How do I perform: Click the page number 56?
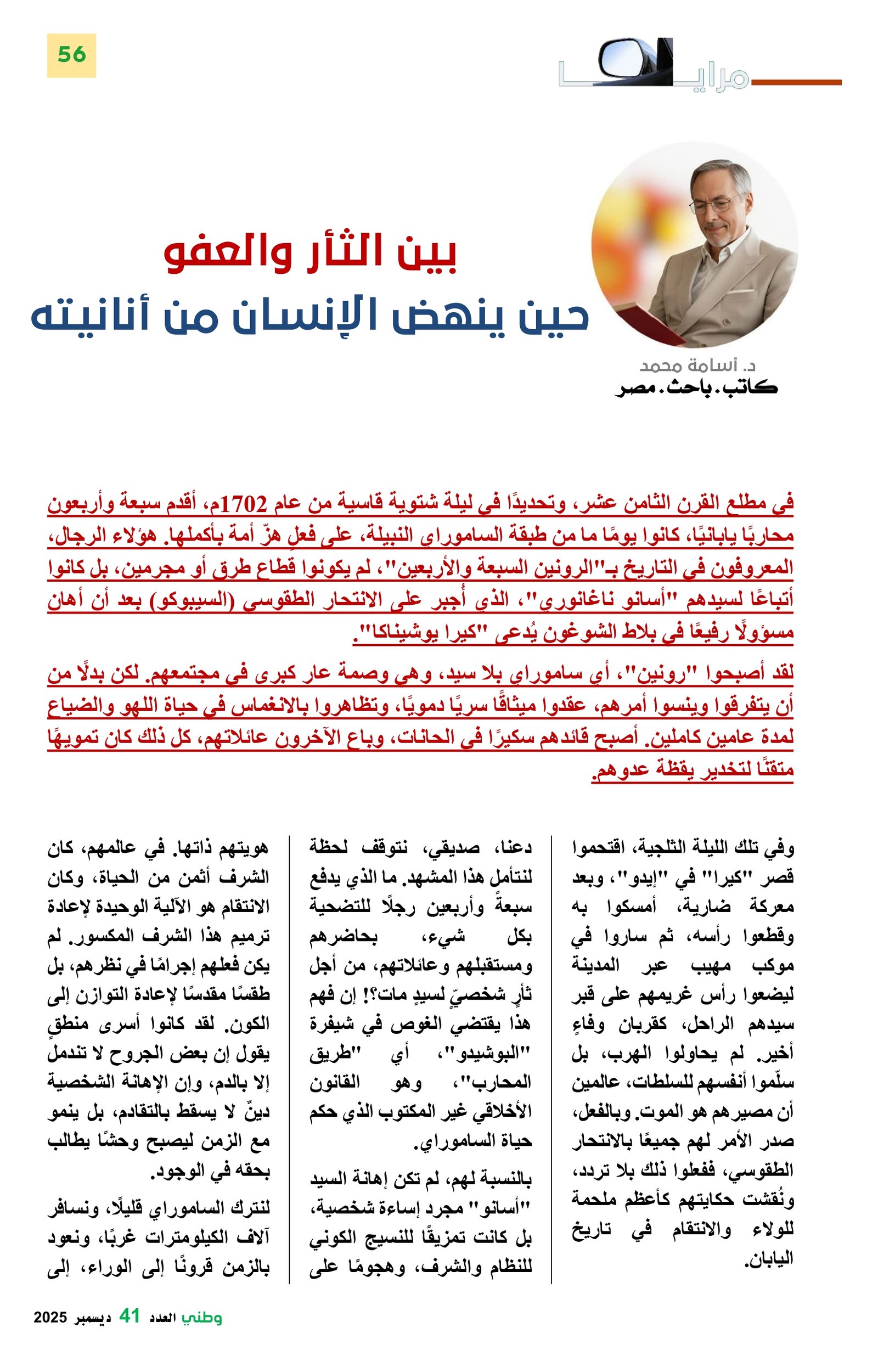[71, 55]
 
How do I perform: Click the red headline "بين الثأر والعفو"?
[311, 255]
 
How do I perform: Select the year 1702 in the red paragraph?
[243, 504]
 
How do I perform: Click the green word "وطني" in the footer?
[202, 1316]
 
